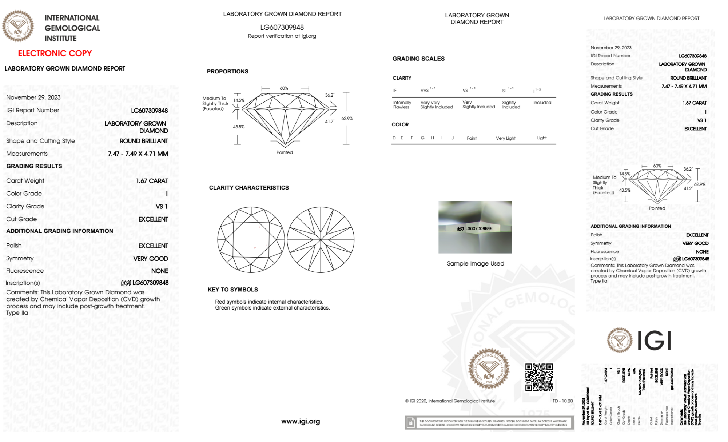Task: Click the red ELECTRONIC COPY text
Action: (x=55, y=53)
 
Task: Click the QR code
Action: (x=539, y=377)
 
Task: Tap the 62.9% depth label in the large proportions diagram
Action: (x=347, y=119)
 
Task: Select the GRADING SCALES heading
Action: (x=418, y=59)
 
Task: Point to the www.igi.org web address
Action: (x=301, y=421)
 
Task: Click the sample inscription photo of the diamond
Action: (x=475, y=227)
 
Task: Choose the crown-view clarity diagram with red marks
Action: (x=251, y=240)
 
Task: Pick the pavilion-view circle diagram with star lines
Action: (x=321, y=240)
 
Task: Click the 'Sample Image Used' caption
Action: (x=476, y=263)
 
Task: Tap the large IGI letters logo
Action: (x=654, y=341)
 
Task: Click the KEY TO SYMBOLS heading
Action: (x=233, y=290)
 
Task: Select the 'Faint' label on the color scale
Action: (x=472, y=138)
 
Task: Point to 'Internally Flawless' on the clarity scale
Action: (x=402, y=105)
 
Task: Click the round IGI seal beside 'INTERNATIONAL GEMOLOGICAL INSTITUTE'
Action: (x=18, y=26)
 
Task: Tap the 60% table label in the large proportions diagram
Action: (x=284, y=88)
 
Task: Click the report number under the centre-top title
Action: (x=282, y=27)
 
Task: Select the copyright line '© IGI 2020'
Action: (x=450, y=401)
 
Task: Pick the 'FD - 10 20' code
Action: (x=562, y=401)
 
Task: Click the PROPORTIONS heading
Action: (x=227, y=72)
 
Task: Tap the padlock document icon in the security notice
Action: (x=411, y=423)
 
